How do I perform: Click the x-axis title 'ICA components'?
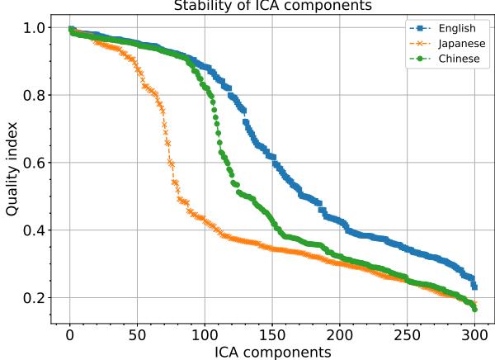click(x=272, y=352)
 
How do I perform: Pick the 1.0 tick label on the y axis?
click(x=35, y=28)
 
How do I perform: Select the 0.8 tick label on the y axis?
click(x=35, y=95)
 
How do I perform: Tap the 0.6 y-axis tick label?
click(x=35, y=163)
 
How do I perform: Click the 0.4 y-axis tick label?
click(x=35, y=230)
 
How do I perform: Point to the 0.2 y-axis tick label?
click(x=35, y=298)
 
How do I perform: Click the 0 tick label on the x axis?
click(x=70, y=334)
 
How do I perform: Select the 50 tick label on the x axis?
click(x=137, y=334)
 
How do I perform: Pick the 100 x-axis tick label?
click(x=205, y=334)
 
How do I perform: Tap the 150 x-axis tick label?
click(x=272, y=334)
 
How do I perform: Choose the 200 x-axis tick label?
click(x=339, y=334)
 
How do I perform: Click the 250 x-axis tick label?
click(x=407, y=334)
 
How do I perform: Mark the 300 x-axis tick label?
click(x=474, y=334)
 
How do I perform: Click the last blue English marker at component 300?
click(x=474, y=287)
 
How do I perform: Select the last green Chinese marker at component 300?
click(x=474, y=309)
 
